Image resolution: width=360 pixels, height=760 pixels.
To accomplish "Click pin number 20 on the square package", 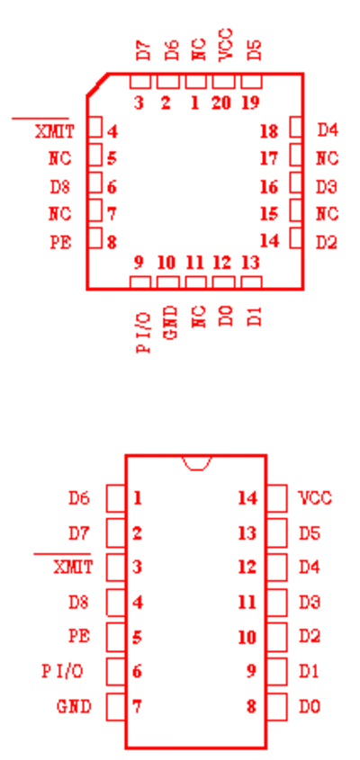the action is [221, 103].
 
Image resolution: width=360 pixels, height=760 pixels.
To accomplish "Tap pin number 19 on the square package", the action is [250, 103].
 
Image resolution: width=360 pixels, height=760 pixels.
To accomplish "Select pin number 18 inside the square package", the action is [269, 131].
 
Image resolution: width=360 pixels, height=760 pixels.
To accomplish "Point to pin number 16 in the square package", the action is [269, 186].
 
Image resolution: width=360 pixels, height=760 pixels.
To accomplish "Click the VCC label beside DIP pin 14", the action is [315, 497].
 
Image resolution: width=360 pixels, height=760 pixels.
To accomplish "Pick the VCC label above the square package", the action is [226, 45].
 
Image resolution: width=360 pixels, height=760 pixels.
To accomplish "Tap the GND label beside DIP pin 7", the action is [74, 707].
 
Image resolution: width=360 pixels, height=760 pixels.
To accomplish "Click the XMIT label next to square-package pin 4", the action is [55, 131].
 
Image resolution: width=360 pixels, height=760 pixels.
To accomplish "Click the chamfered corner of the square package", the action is [97, 85].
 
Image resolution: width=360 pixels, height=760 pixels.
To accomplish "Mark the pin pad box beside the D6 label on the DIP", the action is [116, 498].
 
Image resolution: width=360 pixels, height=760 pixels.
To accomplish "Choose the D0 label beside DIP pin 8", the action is [310, 707].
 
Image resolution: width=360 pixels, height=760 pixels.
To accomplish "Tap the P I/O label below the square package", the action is [144, 333].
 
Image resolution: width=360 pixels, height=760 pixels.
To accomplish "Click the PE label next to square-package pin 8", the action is [60, 242].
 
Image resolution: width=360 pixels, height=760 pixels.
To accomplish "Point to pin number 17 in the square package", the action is [269, 158].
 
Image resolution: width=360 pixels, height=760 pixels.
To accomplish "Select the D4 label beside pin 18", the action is [328, 130].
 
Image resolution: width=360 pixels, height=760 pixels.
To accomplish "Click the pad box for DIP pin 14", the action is [276, 498].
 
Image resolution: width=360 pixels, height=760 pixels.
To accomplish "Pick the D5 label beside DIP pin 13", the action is [310, 533].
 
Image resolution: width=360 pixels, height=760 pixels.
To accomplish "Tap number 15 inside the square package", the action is [269, 214].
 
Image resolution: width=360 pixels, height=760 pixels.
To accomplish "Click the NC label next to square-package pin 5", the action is [59, 158].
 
